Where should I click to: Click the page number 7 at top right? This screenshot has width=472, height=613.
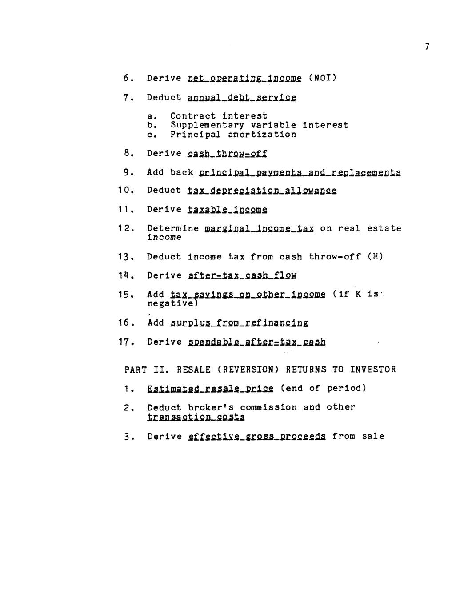coord(427,46)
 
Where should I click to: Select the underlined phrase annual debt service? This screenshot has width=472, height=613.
coord(242,97)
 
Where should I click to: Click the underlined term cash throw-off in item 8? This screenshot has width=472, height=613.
coord(228,154)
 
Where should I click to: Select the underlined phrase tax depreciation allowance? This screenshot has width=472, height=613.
coord(262,191)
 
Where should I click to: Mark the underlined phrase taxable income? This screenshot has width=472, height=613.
coord(228,210)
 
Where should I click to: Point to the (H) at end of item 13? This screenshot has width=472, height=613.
coord(375,257)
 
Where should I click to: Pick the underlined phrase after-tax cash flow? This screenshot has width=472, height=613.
coord(242,276)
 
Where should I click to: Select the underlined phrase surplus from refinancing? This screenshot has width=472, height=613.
coord(239,323)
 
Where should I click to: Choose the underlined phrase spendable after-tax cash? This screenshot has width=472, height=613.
coord(257,342)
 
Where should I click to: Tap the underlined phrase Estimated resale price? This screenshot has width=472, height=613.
coord(210,389)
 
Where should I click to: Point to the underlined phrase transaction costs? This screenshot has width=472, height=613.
coord(196,417)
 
